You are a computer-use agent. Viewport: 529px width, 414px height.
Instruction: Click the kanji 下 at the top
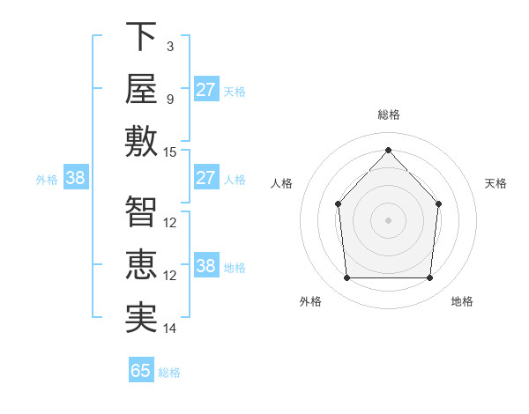(x=141, y=36)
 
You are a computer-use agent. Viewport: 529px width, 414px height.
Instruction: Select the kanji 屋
(x=141, y=89)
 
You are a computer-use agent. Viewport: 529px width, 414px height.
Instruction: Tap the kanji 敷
(x=141, y=141)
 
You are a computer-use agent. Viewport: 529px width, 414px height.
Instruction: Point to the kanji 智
(x=141, y=211)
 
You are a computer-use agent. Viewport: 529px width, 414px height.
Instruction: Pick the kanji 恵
(x=141, y=264)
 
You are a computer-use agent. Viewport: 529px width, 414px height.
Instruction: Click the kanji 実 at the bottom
(x=141, y=317)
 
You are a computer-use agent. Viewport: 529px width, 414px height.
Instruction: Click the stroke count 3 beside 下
(x=170, y=47)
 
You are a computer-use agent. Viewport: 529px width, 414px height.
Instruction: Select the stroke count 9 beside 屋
(x=170, y=100)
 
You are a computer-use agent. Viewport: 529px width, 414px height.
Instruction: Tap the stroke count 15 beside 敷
(x=169, y=152)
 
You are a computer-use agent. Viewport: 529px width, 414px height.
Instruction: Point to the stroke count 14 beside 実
(x=169, y=329)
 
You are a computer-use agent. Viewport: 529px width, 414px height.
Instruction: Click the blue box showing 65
(x=141, y=369)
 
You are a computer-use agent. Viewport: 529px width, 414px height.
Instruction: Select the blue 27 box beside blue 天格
(x=206, y=89)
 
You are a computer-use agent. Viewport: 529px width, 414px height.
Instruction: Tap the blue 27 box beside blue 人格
(x=206, y=177)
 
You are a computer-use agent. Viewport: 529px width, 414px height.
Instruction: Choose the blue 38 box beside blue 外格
(x=76, y=177)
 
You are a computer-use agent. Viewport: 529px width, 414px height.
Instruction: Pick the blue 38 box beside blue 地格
(x=206, y=264)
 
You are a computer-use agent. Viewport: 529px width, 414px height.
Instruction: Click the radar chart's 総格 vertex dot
(x=388, y=150)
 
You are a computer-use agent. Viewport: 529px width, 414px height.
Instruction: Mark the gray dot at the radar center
(x=388, y=220)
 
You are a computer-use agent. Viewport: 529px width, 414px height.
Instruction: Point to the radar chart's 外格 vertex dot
(x=347, y=277)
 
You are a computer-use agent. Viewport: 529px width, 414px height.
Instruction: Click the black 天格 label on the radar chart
(x=495, y=183)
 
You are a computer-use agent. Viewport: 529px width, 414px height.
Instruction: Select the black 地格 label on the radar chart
(x=462, y=301)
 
